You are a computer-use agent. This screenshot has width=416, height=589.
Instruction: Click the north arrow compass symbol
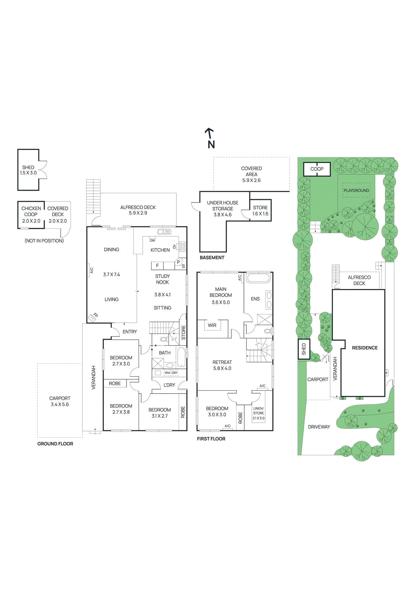[x=210, y=138]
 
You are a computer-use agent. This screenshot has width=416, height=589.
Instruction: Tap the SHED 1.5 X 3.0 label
[x=28, y=170]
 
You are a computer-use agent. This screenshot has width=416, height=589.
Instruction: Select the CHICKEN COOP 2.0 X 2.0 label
[x=31, y=215]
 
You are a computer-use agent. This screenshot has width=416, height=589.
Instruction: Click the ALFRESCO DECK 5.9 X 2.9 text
[x=138, y=210]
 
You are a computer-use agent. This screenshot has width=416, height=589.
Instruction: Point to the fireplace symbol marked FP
[x=93, y=317]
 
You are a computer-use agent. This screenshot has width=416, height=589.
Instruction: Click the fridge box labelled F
[x=157, y=265]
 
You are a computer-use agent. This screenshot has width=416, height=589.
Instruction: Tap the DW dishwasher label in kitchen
[x=152, y=240]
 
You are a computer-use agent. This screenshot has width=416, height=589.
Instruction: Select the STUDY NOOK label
[x=163, y=279]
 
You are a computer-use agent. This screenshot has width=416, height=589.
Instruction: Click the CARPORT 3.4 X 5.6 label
[x=60, y=401]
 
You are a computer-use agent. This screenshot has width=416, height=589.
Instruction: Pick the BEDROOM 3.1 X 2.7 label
[x=160, y=413]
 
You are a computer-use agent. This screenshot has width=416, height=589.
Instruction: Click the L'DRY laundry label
[x=169, y=385]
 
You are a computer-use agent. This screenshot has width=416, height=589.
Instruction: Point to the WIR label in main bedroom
[x=212, y=325]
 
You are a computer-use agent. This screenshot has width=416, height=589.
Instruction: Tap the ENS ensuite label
[x=255, y=299]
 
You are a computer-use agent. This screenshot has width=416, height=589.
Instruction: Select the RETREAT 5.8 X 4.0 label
[x=222, y=365]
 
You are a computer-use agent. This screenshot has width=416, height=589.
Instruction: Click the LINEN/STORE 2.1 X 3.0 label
[x=259, y=413]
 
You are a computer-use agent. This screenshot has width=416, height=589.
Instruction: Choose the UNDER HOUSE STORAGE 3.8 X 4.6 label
[x=223, y=208]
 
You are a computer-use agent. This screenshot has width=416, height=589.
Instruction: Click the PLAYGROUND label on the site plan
[x=356, y=190]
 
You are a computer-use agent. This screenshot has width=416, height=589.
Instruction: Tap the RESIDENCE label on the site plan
[x=365, y=348]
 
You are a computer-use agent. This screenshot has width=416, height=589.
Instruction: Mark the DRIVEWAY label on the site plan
[x=319, y=427]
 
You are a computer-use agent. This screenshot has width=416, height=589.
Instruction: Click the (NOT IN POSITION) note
[x=44, y=241]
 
